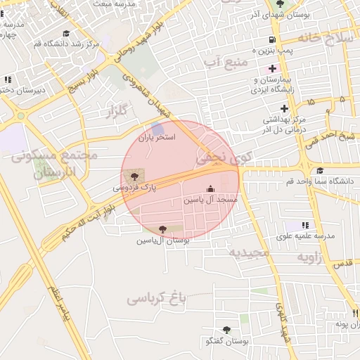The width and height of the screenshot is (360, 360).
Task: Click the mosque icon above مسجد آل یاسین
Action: coord(210,188)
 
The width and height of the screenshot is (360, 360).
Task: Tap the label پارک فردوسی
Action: coord(135,188)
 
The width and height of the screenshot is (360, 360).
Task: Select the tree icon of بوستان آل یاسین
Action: coord(163,229)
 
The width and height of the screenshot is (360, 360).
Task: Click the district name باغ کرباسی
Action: coord(159,299)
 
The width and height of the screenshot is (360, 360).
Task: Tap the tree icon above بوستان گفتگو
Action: coord(226,330)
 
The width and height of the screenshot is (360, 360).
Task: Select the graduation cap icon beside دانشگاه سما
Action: coord(320,171)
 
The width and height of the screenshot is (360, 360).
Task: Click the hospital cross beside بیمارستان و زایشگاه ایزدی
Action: coord(272,70)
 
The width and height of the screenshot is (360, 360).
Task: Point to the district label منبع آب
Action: coord(226,64)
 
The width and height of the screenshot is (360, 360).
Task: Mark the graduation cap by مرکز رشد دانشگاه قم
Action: coord(66,32)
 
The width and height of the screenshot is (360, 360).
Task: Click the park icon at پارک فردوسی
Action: coord(135,175)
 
